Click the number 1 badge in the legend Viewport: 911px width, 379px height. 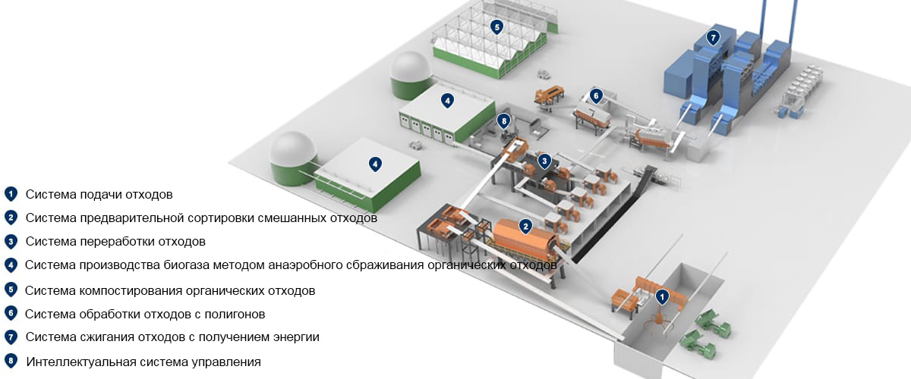[11, 194]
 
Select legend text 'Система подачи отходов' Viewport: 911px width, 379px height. [99, 195]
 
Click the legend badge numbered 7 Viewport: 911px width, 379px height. [11, 337]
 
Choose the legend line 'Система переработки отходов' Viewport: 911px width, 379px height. [115, 242]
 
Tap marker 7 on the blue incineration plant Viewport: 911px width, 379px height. [713, 38]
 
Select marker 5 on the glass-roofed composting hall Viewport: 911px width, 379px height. [496, 27]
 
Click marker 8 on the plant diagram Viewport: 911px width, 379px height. [503, 121]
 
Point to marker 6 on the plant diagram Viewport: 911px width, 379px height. [596, 96]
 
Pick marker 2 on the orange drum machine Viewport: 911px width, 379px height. [525, 226]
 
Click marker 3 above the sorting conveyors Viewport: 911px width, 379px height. [544, 161]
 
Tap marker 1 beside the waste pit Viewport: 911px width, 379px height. [662, 297]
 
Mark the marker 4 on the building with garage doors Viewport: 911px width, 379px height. [447, 100]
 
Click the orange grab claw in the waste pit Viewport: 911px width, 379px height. [657, 324]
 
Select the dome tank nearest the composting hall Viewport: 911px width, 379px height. [410, 76]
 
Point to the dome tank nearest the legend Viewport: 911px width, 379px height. [292, 158]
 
